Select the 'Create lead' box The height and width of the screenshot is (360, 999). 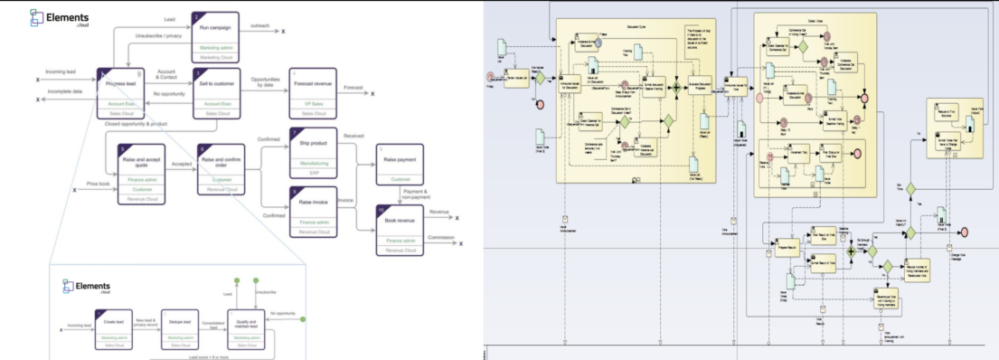(114, 326)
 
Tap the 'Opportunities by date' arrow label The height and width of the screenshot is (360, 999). (264, 85)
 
